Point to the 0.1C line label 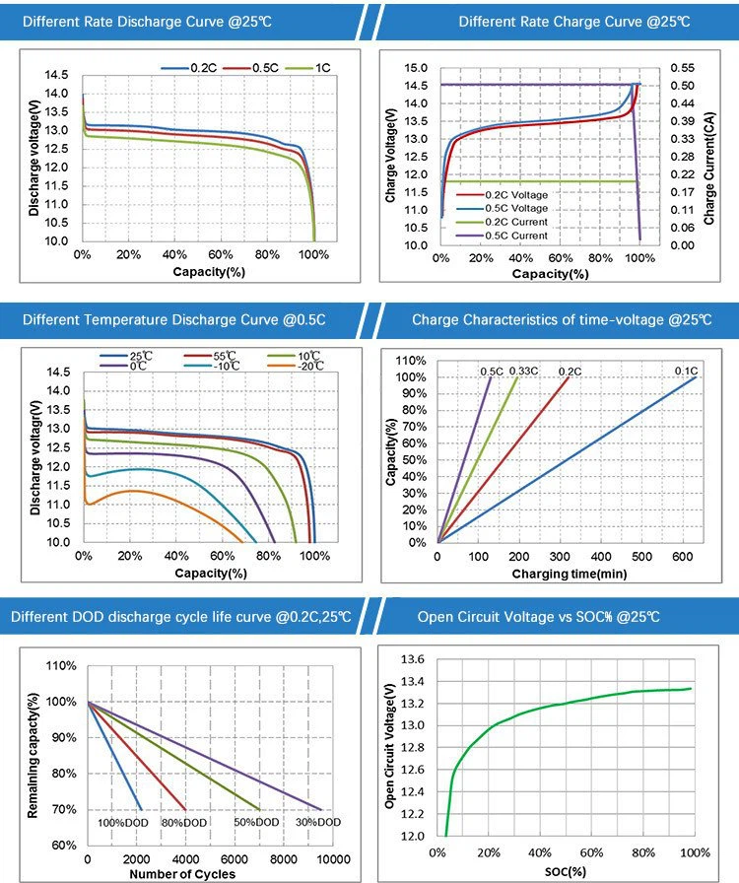coord(685,371)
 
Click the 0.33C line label coord(522,371)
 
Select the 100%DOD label coord(123,822)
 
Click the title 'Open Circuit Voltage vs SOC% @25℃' coord(538,618)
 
